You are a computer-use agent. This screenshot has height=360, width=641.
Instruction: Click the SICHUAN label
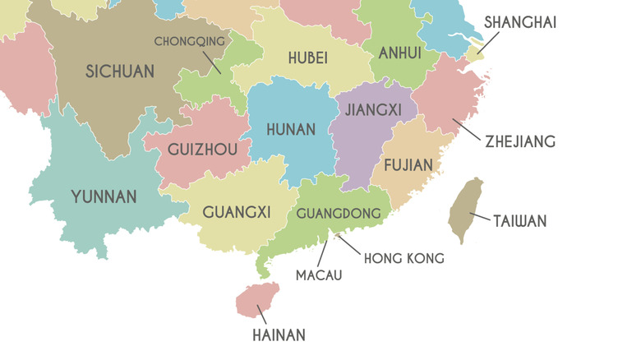tap(120, 72)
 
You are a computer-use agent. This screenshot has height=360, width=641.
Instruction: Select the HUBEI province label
tap(308, 58)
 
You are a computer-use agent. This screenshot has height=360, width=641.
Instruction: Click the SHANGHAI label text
tap(520, 22)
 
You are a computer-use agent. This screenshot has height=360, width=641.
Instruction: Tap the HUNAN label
tap(291, 130)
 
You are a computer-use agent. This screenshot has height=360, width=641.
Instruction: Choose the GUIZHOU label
tap(202, 150)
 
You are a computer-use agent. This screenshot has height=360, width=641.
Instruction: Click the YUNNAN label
tap(104, 197)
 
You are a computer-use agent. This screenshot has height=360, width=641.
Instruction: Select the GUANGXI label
tap(237, 212)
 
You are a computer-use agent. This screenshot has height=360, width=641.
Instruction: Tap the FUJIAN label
tap(408, 166)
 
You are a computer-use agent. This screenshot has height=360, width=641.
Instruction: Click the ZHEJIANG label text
tap(520, 141)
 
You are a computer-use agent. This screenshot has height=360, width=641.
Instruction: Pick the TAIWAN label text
tap(519, 221)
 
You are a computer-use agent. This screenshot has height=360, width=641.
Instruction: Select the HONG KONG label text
tap(404, 258)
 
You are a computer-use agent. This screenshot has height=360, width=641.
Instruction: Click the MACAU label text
tap(318, 275)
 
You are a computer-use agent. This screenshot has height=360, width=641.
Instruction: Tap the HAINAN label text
tap(279, 335)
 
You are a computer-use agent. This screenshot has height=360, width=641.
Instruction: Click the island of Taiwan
tap(464, 207)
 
